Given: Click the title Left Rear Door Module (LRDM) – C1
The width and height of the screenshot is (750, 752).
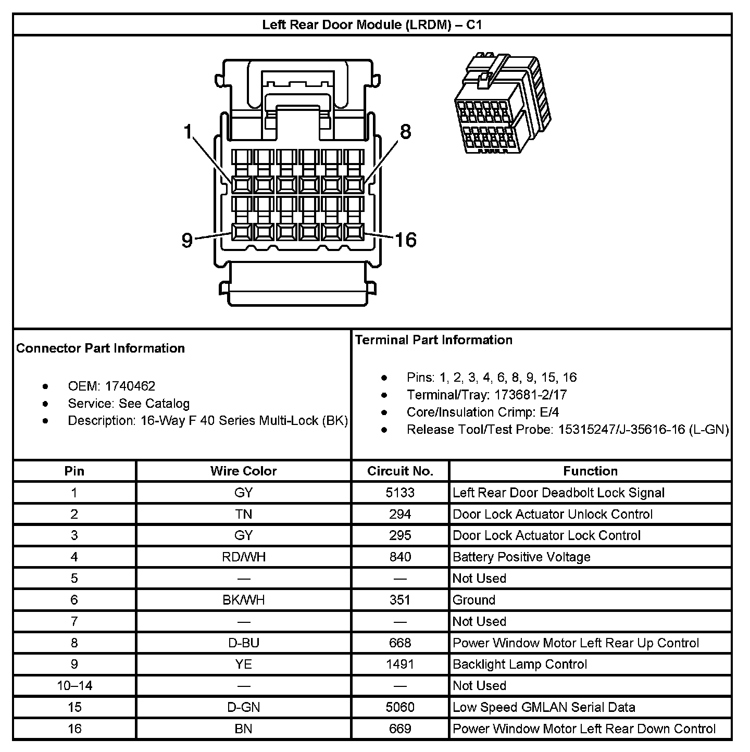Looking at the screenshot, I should (372, 24).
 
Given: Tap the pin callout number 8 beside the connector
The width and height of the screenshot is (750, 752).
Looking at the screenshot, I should (405, 131).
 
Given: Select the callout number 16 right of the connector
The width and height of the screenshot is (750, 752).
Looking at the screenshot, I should (405, 240).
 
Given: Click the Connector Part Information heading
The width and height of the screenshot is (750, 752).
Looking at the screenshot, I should (101, 348).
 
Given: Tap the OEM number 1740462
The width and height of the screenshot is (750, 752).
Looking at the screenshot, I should (130, 386).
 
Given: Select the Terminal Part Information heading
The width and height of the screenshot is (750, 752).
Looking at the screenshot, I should (434, 340).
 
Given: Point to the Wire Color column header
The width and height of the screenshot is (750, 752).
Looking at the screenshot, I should (243, 471).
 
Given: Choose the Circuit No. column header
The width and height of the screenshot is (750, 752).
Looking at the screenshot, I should (400, 471).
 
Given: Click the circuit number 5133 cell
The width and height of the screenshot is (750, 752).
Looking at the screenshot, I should (400, 493).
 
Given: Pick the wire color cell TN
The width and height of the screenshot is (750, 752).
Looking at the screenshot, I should (243, 515).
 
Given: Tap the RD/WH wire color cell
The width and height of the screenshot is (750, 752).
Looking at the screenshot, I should (243, 557).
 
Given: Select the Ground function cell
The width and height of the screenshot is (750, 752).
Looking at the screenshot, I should (474, 600).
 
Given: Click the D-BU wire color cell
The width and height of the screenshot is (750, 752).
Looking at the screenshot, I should (243, 643).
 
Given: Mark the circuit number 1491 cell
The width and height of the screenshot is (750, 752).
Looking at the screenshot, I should (400, 665).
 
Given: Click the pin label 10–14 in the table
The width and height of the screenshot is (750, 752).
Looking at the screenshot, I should (74, 686).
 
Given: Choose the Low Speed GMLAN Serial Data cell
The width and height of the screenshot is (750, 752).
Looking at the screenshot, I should (544, 707).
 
